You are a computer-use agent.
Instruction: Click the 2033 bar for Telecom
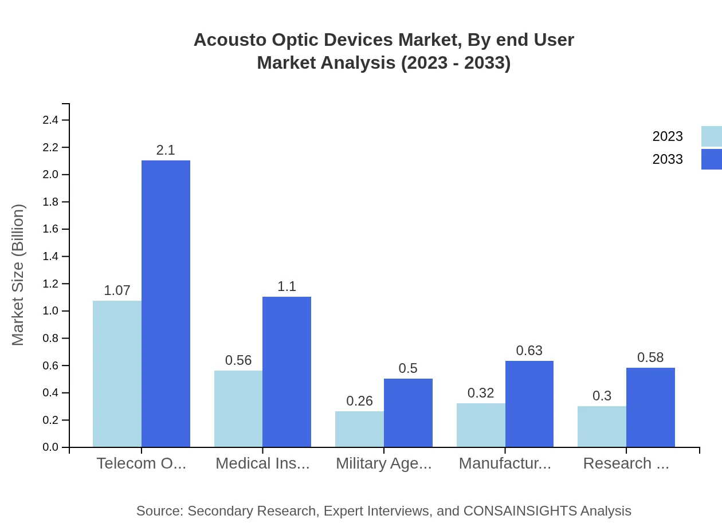[x=166, y=304]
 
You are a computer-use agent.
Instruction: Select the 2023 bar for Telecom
[x=117, y=373]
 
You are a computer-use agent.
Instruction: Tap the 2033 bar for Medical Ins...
[x=287, y=372]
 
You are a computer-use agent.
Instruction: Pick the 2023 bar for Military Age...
[x=359, y=429]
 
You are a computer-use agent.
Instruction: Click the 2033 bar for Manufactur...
[x=529, y=404]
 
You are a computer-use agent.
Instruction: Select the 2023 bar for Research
[x=602, y=426]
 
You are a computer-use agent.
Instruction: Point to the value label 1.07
[x=117, y=290]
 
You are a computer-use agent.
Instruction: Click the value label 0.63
[x=529, y=351]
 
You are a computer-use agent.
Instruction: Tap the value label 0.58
[x=650, y=357]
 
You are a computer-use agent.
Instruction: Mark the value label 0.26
[x=359, y=401]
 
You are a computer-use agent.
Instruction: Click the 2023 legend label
[x=668, y=136]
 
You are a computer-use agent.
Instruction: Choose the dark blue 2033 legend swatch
[x=711, y=159]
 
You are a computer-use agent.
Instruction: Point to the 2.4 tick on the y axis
[x=50, y=120]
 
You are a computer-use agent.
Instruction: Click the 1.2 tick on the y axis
[x=50, y=284]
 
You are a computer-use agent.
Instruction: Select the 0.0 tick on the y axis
[x=50, y=447]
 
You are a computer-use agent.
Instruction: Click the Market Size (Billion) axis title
[x=18, y=275]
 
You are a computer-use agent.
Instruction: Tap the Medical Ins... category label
[x=262, y=463]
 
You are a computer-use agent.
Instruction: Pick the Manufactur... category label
[x=505, y=463]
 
